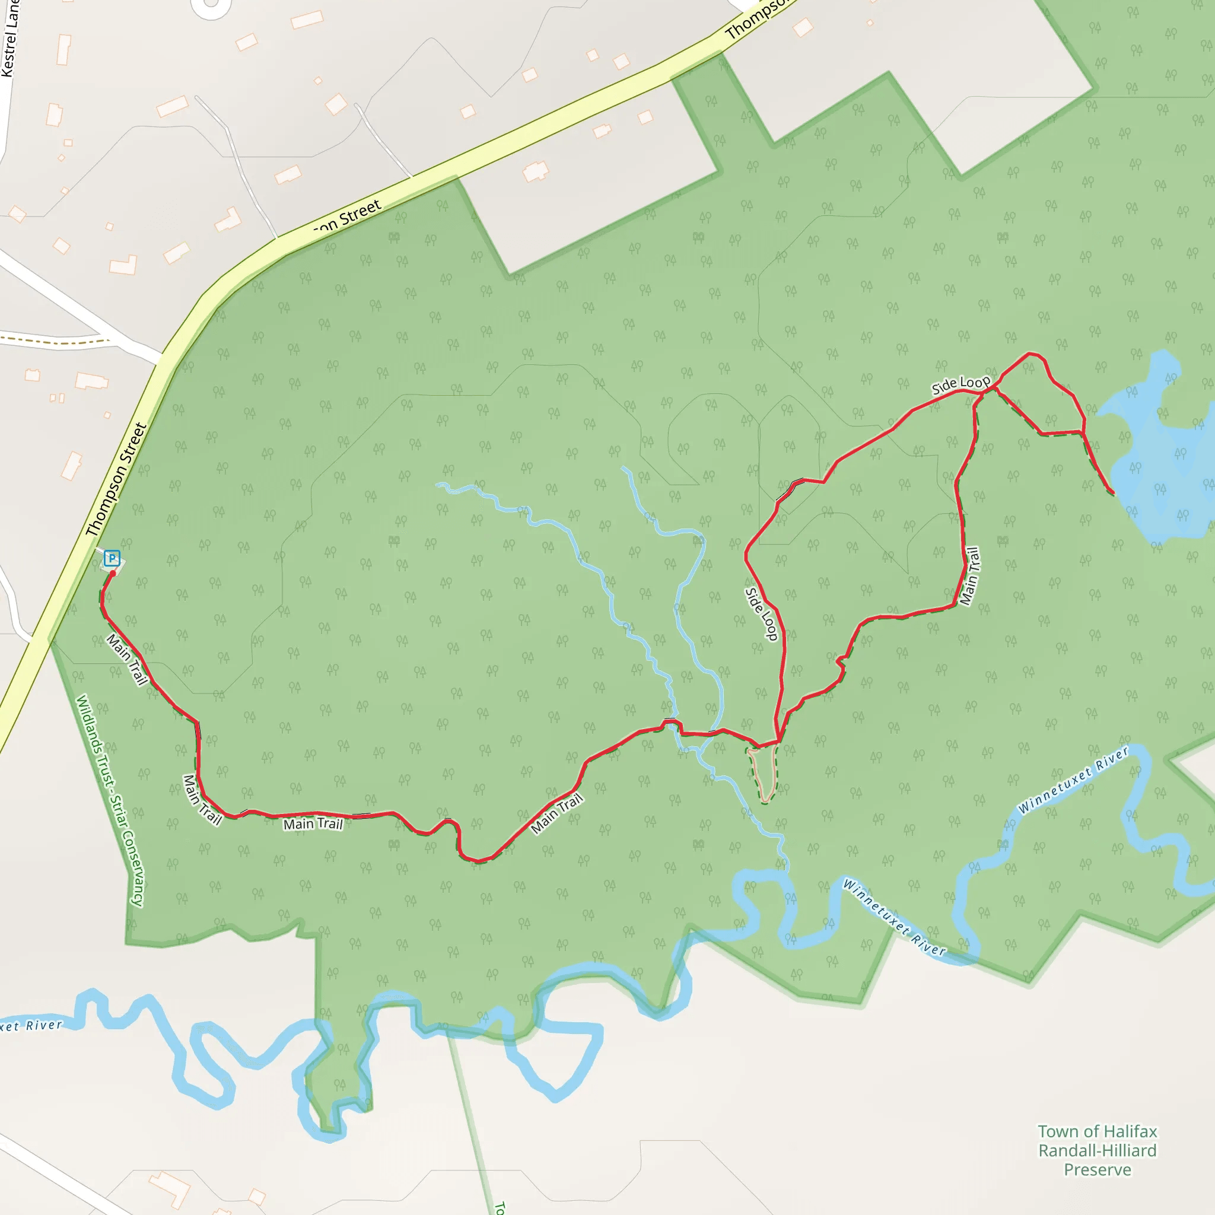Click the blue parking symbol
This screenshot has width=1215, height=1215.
point(112,558)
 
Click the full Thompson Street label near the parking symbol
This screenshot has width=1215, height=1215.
point(116,479)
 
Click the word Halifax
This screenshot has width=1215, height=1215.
point(1128,1131)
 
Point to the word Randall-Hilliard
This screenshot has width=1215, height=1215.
point(1098,1151)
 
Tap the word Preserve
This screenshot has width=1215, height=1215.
point(1098,1170)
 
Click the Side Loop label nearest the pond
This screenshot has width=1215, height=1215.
point(960,384)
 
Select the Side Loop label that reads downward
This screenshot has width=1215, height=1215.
point(762,614)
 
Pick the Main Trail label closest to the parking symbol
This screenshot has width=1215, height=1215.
point(127,660)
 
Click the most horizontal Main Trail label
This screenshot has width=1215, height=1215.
point(313,824)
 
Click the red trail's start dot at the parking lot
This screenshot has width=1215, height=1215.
point(113,573)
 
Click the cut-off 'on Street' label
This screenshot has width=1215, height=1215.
point(348,217)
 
